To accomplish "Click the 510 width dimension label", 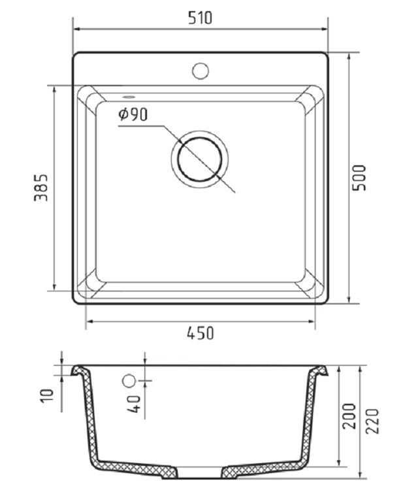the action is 200,18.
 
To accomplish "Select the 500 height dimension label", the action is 359,178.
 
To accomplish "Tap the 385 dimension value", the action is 41,188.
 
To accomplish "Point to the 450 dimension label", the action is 201,333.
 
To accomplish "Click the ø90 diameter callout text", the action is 133,114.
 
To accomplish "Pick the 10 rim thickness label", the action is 47,396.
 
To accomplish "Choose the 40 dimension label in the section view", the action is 134,404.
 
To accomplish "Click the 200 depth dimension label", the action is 349,416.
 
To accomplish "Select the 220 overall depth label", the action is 372,421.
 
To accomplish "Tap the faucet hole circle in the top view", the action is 201,71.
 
